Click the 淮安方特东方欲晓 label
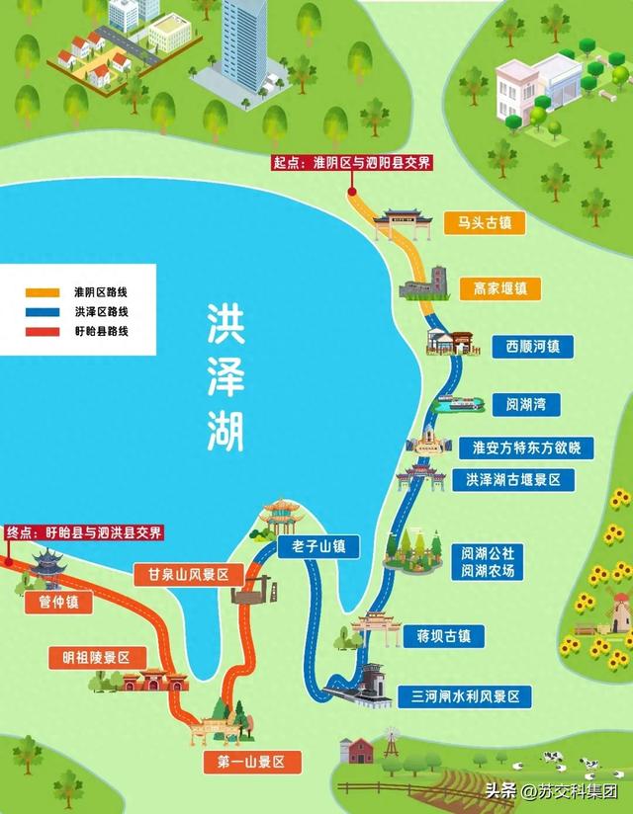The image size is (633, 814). click(x=519, y=448)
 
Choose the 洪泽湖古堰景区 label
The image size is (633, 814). click(x=512, y=481)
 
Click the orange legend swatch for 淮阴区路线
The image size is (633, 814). click(x=44, y=292)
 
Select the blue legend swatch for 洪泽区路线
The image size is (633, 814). click(x=44, y=311)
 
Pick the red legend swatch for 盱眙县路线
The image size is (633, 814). click(x=44, y=331)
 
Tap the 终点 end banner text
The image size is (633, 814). click(x=83, y=532)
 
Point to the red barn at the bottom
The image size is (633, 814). click(x=355, y=752)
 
